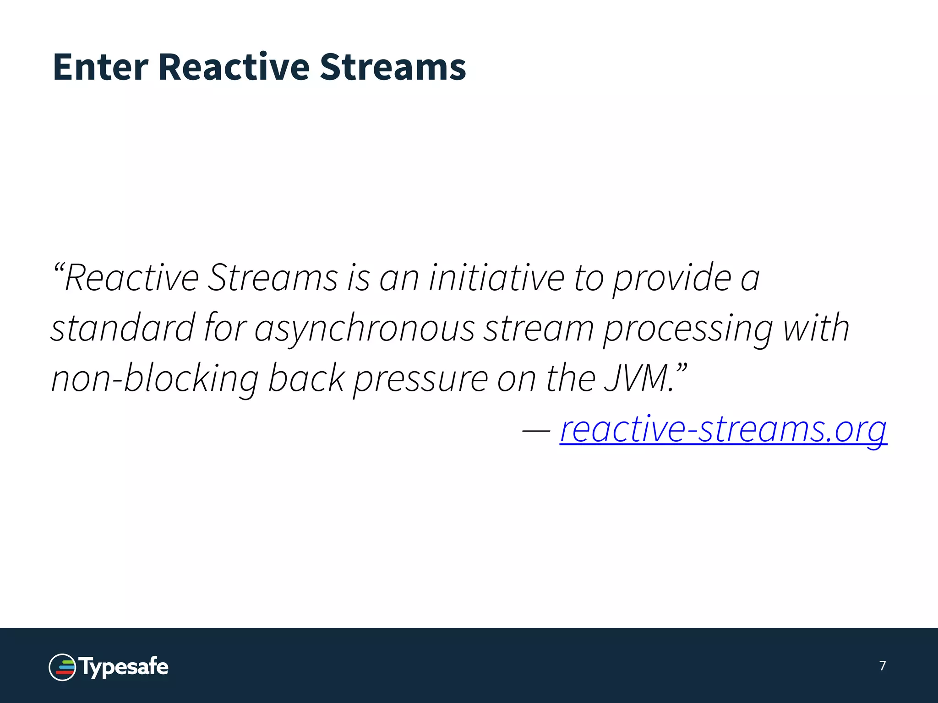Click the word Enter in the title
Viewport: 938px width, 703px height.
pyautogui.click(x=100, y=67)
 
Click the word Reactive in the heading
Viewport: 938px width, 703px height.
pyautogui.click(x=234, y=67)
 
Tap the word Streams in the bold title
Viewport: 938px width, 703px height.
pyautogui.click(x=393, y=67)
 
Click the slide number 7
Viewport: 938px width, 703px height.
pyautogui.click(x=883, y=665)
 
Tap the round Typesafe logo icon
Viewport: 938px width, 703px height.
pyautogui.click(x=62, y=667)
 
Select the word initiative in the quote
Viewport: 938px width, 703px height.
pyautogui.click(x=496, y=278)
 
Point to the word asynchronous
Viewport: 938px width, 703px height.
pyautogui.click(x=364, y=328)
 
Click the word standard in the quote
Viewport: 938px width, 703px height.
pyautogui.click(x=123, y=328)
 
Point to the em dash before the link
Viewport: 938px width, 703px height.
pyautogui.click(x=536, y=431)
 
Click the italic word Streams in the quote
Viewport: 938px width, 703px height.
pyautogui.click(x=273, y=278)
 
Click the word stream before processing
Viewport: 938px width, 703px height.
pyautogui.click(x=539, y=328)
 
